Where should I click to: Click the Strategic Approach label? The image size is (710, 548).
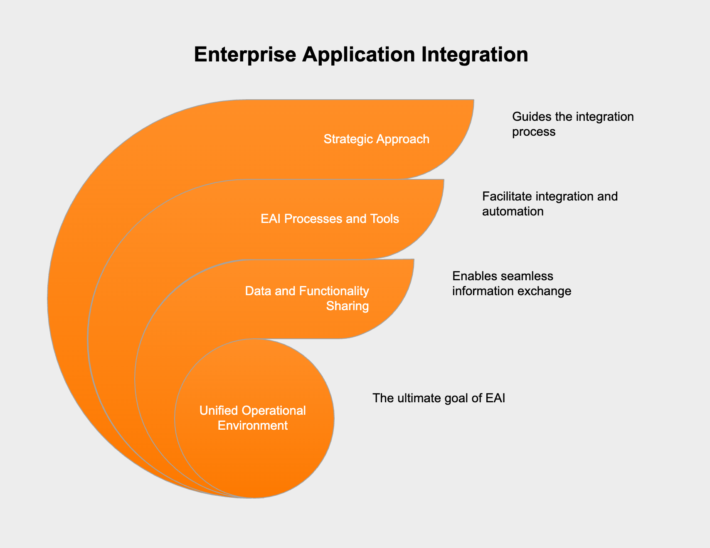[x=376, y=139]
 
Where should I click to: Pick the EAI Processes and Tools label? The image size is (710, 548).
[x=330, y=219]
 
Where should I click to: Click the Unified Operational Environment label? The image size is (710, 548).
[x=253, y=418]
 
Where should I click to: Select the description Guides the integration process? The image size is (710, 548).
[x=573, y=124]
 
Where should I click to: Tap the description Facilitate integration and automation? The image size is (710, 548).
[x=550, y=204]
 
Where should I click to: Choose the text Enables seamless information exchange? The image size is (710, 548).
[x=512, y=284]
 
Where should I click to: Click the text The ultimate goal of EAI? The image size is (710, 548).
[x=439, y=399]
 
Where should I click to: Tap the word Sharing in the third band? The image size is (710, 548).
[x=348, y=306]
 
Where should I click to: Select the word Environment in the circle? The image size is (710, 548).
[x=253, y=426]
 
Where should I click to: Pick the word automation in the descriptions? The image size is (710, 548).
[x=513, y=212]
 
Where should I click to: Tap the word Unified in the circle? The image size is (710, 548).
[x=219, y=411]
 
